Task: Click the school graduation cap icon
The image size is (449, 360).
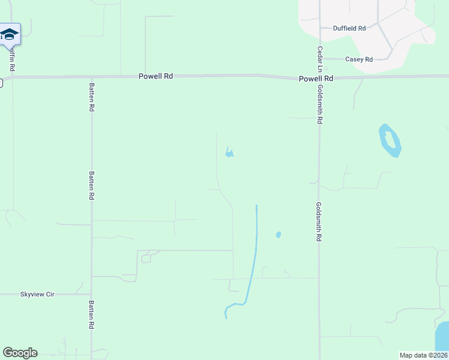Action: click(x=9, y=34)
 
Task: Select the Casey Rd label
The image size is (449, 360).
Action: click(x=359, y=59)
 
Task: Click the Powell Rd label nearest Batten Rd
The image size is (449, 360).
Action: click(x=155, y=76)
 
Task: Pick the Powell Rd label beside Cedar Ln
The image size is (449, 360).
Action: click(x=316, y=79)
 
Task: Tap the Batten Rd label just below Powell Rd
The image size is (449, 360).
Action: click(x=92, y=97)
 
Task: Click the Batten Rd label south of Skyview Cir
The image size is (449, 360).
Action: click(x=92, y=314)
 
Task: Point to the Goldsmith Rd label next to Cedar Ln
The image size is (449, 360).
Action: click(x=321, y=104)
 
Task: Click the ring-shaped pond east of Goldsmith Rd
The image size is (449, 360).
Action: click(x=390, y=140)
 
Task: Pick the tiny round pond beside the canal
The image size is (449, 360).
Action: click(x=278, y=235)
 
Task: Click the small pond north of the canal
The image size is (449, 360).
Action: click(x=229, y=154)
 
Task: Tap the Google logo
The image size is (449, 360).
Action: click(x=20, y=353)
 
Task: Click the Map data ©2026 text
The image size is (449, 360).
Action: click(x=423, y=355)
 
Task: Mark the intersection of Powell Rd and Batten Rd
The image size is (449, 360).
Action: click(x=92, y=77)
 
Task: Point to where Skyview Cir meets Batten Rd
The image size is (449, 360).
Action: click(x=92, y=295)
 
